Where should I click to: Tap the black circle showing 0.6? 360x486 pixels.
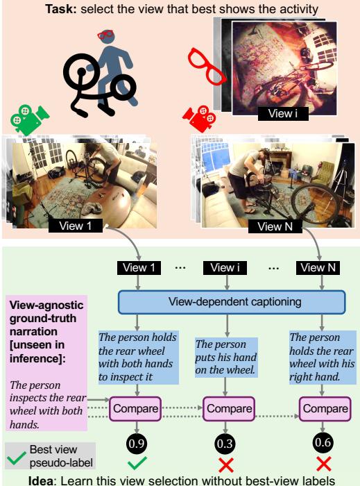click(320, 442)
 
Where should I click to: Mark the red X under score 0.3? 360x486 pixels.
click(223, 464)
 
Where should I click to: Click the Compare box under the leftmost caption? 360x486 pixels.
click(136, 408)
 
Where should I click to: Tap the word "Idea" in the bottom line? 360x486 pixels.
click(42, 479)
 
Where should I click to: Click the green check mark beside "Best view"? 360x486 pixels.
click(15, 455)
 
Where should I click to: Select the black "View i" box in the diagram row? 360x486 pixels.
click(223, 268)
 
